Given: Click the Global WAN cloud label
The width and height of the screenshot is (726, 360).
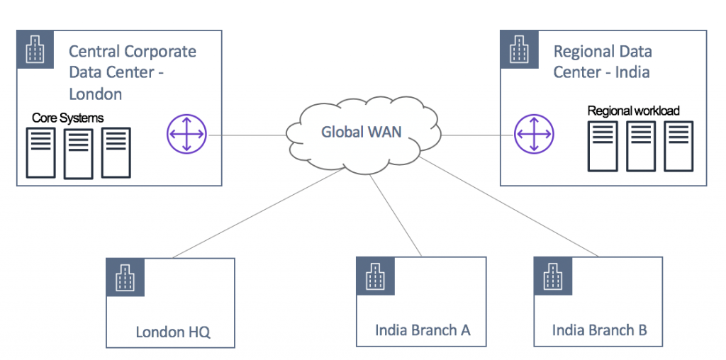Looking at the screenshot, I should (361, 132).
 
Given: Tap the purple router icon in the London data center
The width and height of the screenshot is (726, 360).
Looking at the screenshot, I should (186, 133).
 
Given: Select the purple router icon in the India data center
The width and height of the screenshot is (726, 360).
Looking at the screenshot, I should (533, 133).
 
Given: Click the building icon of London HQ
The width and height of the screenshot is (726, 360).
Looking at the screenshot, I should (125, 277).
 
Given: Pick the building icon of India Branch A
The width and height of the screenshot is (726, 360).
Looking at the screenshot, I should (376, 277).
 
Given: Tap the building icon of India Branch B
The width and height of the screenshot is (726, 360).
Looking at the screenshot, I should (553, 277).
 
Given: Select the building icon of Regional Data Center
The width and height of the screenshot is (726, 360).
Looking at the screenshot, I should (520, 49).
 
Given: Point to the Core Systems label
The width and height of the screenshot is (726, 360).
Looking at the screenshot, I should (67, 118).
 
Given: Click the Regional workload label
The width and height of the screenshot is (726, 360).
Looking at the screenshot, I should (633, 111).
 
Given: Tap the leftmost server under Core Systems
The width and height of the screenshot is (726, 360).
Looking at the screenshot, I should (41, 152).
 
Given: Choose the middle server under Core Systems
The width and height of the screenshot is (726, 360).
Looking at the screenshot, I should (79, 152).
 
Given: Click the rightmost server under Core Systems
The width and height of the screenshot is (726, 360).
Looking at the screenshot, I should (116, 152).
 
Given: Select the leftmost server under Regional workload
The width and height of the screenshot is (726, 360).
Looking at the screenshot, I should (603, 146).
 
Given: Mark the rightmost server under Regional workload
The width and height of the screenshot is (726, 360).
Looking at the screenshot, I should (678, 146).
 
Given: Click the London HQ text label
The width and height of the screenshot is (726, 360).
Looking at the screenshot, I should (173, 332).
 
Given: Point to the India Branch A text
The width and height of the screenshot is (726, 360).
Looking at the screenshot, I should (423, 330).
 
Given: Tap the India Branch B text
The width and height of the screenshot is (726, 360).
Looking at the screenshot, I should (599, 330).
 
